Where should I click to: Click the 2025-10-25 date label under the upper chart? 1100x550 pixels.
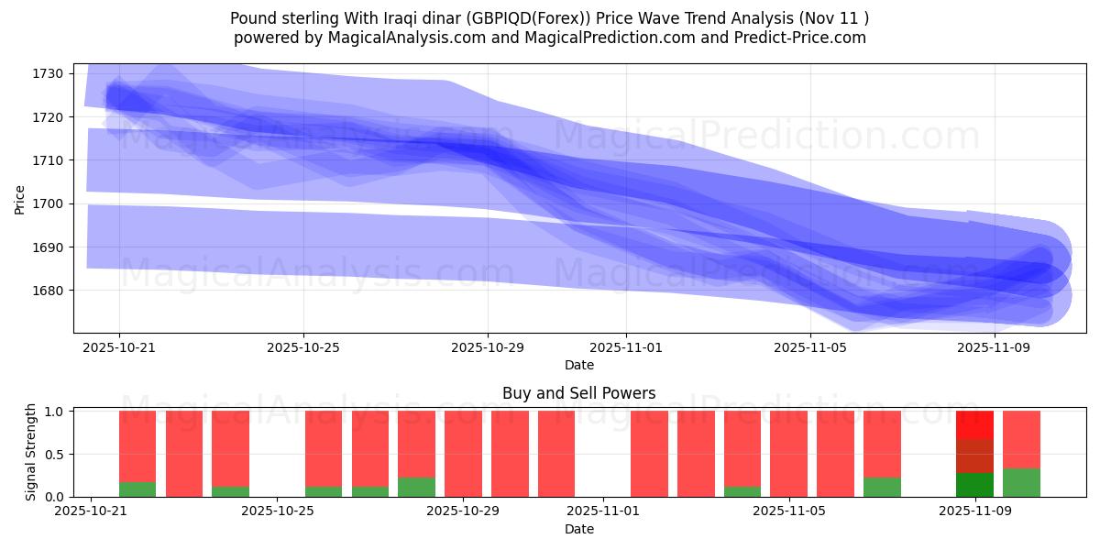303,348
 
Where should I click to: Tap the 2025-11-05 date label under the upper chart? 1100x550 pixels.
810,348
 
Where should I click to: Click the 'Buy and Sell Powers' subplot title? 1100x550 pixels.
578,394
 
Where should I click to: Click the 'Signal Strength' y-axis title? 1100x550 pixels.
31,453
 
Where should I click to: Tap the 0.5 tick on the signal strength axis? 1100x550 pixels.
54,454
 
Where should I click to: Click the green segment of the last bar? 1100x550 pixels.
1021,483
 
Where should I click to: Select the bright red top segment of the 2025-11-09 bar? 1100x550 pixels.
974,424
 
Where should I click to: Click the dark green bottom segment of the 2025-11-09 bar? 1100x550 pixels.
974,485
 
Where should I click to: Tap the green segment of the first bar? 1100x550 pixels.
137,489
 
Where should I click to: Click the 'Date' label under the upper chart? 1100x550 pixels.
578,365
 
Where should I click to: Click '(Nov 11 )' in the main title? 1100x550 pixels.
833,18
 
